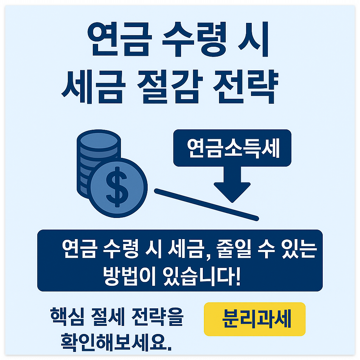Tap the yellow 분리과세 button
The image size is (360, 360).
[255, 319]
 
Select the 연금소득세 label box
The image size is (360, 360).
[232, 148]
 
